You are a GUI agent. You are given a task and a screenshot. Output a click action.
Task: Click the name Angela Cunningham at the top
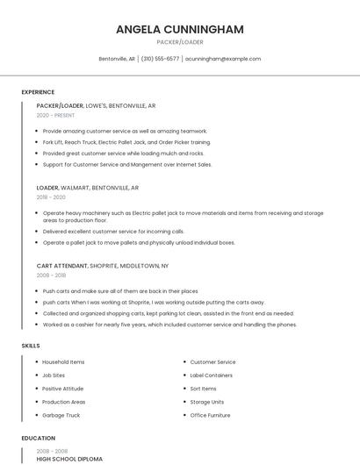click(179, 29)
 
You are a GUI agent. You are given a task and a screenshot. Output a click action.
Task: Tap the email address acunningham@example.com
click(223, 59)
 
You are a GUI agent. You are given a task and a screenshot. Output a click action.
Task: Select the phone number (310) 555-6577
click(160, 59)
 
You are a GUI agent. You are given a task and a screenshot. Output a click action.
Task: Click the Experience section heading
click(38, 92)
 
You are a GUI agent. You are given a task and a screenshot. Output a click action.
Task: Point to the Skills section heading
click(31, 346)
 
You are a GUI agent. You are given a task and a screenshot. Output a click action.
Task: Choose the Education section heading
click(39, 438)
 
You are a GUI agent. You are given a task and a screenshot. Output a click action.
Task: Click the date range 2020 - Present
click(55, 115)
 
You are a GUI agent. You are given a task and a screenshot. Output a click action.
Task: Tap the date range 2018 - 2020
click(51, 197)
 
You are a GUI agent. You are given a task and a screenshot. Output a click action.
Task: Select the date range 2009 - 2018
click(51, 275)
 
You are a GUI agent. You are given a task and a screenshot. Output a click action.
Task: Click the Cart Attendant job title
click(62, 265)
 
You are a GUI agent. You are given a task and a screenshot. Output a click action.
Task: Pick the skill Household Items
click(63, 361)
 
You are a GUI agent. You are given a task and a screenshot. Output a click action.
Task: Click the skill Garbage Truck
click(61, 414)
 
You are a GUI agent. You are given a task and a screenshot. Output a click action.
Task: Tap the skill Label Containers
click(211, 375)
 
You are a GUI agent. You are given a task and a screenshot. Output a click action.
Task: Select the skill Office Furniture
click(210, 414)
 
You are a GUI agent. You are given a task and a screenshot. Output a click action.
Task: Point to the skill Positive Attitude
click(62, 388)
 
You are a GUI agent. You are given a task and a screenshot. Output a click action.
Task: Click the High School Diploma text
click(69, 459)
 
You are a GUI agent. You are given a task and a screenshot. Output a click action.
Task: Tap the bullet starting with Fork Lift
click(126, 141)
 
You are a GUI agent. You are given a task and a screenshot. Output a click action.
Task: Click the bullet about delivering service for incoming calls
click(113, 232)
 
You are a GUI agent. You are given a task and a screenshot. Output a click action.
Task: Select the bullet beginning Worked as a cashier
click(169, 324)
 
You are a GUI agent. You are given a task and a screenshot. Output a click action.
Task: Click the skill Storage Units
click(206, 401)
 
